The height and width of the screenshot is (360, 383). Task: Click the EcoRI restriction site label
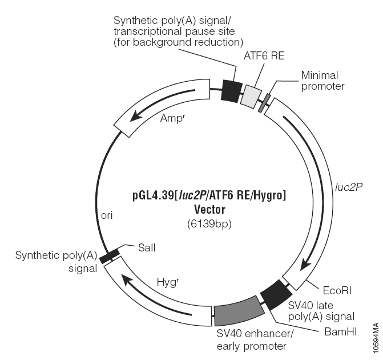click(337, 290)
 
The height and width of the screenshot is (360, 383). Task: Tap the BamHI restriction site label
click(341, 332)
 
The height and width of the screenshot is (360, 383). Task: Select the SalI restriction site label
click(147, 248)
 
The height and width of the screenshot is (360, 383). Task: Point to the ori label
click(107, 215)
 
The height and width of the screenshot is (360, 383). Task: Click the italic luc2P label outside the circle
click(349, 187)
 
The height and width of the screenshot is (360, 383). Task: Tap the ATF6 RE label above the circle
click(264, 56)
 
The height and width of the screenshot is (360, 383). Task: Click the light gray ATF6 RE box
click(251, 97)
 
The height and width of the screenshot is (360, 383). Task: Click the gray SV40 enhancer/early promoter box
click(239, 311)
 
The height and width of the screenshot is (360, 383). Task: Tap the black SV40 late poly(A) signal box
click(276, 295)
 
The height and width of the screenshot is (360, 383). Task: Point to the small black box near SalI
click(109, 256)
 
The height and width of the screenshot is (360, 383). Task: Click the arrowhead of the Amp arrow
click(135, 115)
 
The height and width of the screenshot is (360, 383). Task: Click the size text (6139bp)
click(209, 224)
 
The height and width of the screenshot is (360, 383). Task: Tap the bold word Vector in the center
click(209, 210)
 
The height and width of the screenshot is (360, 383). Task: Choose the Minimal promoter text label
click(322, 81)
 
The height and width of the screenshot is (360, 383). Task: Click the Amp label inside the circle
click(173, 118)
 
